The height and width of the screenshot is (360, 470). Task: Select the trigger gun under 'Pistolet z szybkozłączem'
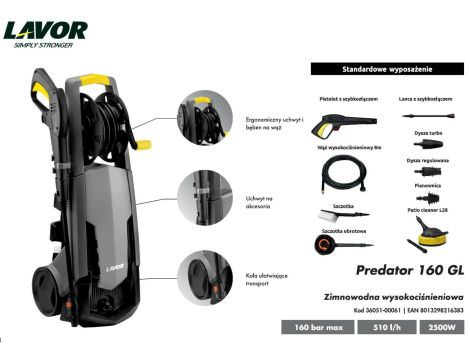[x=332, y=123]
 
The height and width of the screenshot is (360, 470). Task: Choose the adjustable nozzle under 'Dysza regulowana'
[x=426, y=172]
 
